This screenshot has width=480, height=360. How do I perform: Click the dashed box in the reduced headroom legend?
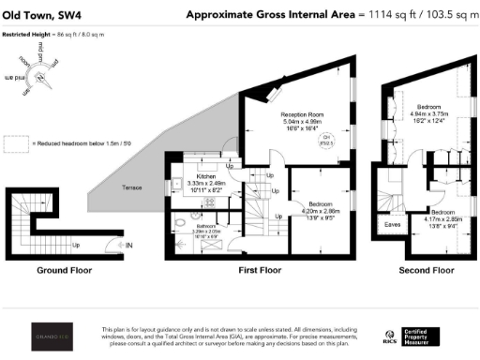pos(16,143)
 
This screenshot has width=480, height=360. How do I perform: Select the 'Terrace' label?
pos(133,187)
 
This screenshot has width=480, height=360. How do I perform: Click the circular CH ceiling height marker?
pos(327,143)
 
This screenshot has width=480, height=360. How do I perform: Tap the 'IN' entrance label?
pos(128,247)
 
